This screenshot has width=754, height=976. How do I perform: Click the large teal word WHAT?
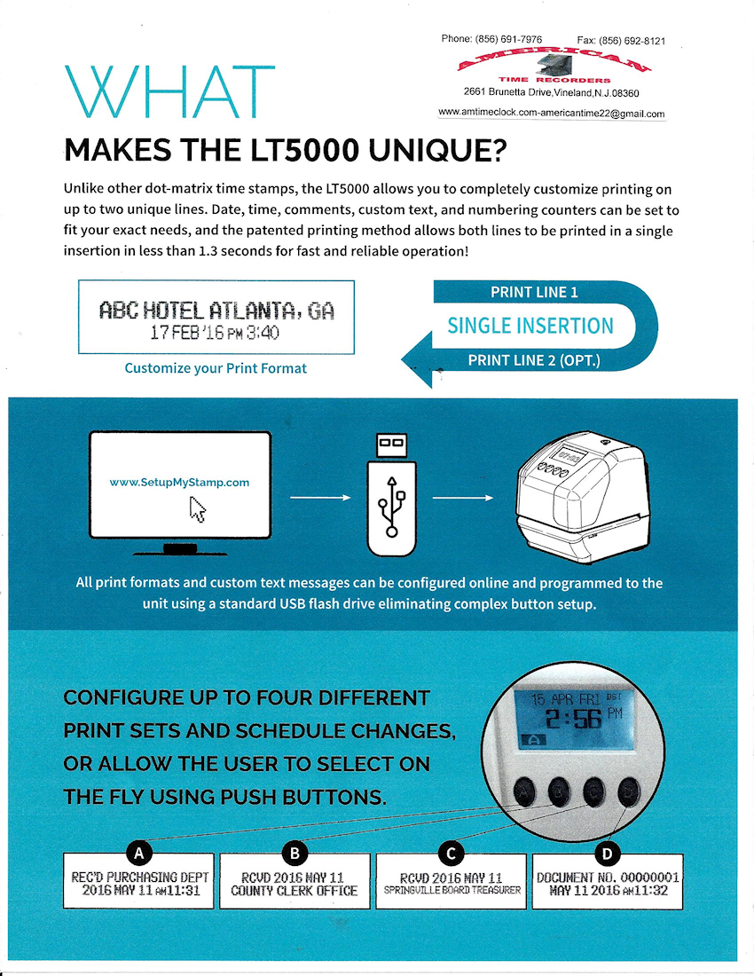point(169,92)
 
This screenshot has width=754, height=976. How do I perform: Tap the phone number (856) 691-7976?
point(508,39)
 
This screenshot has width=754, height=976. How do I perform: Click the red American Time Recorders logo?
point(554,66)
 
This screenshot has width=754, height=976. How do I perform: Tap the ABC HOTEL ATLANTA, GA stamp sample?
point(216,318)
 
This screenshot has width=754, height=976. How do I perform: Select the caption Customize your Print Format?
point(216,368)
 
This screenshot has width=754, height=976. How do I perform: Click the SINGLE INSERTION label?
point(530,326)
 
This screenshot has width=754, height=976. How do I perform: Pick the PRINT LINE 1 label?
point(534,292)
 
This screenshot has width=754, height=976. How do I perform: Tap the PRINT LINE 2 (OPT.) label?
point(534,360)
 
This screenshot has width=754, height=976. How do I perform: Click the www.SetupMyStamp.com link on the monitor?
point(179,483)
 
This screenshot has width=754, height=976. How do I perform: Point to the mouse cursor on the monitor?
point(197,509)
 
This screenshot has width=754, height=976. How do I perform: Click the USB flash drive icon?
point(391,494)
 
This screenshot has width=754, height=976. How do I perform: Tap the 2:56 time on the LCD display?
point(574,719)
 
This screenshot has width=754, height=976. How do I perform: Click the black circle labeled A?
point(138,854)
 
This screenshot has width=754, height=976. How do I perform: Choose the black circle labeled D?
point(608,854)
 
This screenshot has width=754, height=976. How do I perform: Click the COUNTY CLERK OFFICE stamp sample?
point(295,881)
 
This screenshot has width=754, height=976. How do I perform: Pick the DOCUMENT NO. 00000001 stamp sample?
point(608,881)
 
